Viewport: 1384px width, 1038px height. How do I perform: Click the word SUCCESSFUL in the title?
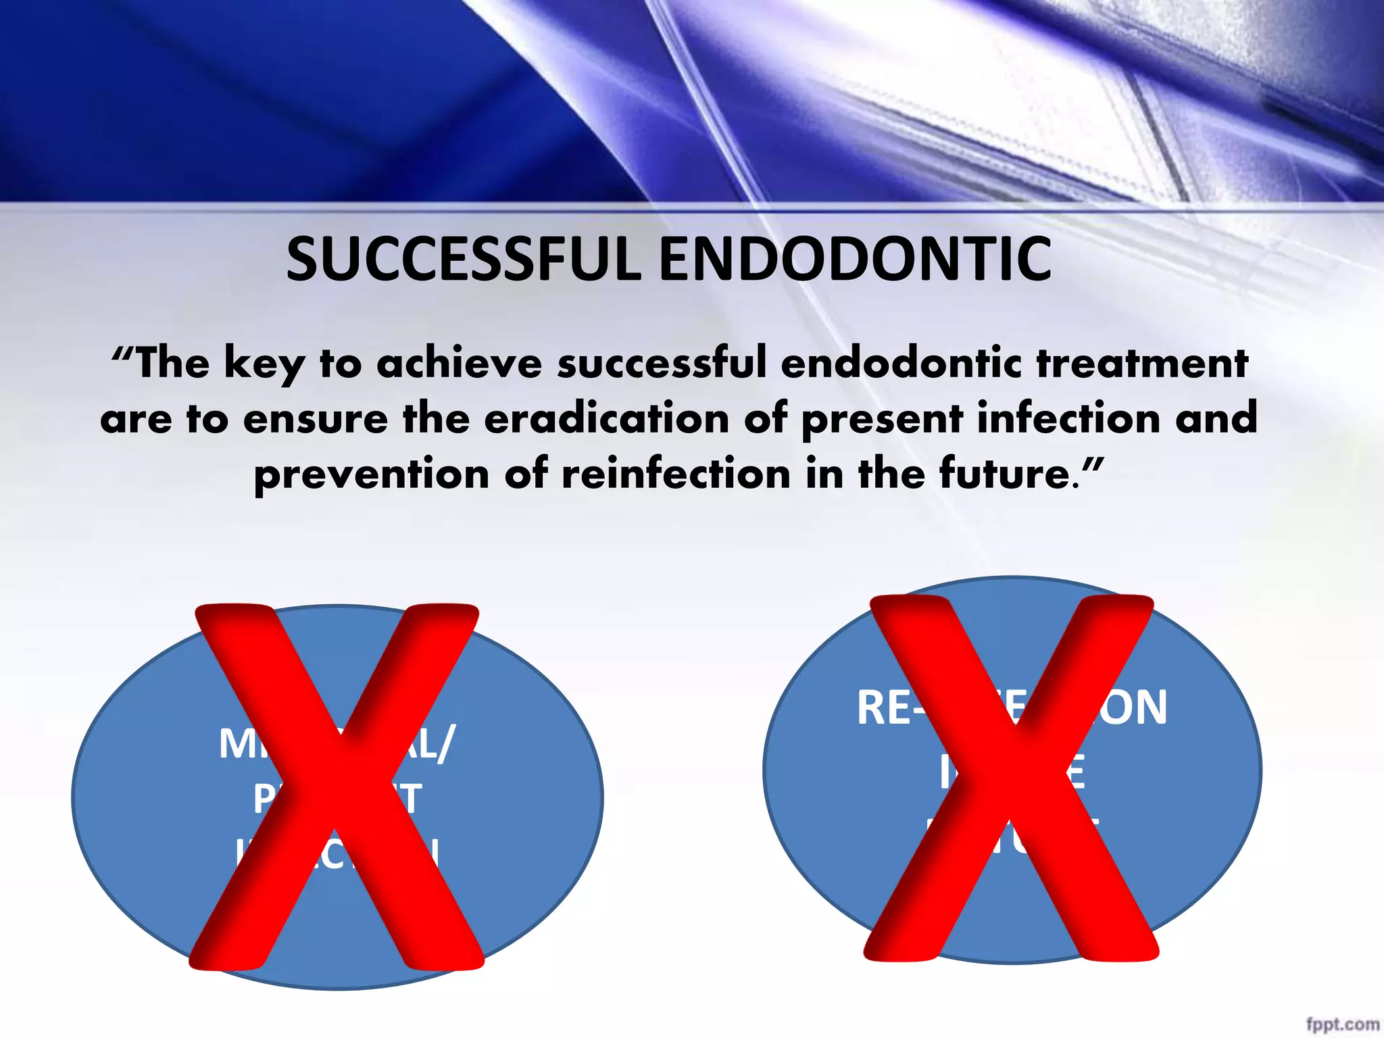click(x=463, y=259)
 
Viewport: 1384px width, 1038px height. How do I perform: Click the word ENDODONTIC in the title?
click(x=855, y=259)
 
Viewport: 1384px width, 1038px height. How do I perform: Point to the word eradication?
click(x=607, y=418)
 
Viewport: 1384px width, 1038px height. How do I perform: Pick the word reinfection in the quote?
click(x=676, y=474)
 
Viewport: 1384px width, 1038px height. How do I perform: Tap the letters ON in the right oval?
click(x=1141, y=708)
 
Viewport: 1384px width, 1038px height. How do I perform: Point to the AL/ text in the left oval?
click(x=430, y=745)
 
